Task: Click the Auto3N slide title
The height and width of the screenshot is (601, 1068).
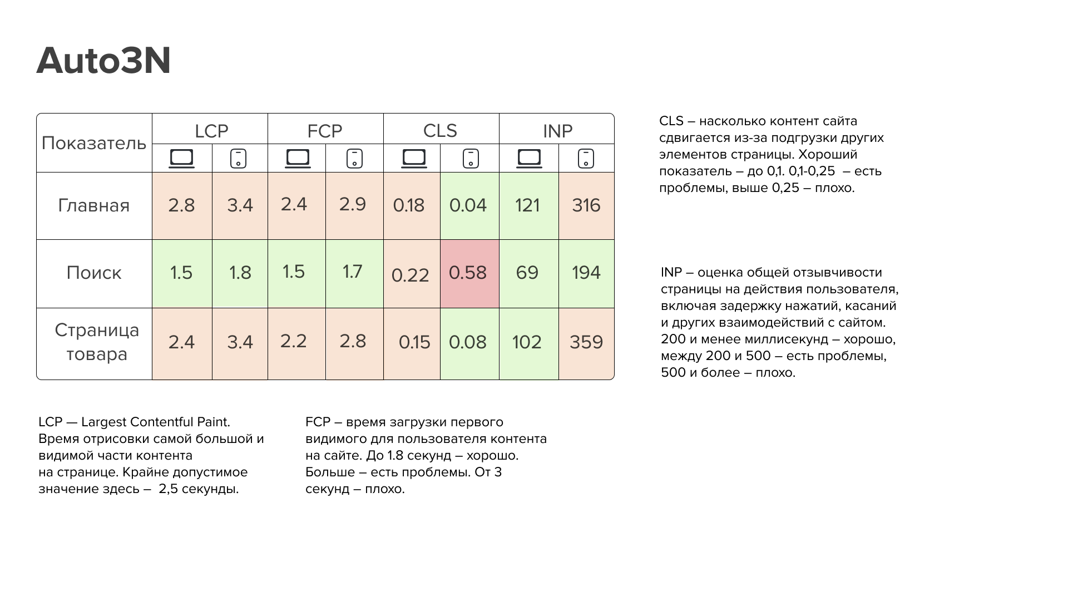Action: [x=103, y=61]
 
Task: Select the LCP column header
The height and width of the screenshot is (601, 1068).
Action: [x=211, y=131]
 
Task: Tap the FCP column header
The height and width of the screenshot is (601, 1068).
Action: [x=325, y=131]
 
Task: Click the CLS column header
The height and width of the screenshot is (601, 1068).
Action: [x=440, y=131]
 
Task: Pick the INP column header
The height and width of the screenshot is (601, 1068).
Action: [x=557, y=131]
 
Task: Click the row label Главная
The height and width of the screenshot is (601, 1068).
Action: [x=94, y=205]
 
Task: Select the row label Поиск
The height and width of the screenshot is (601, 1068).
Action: [x=94, y=273]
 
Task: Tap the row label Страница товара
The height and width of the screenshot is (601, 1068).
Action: [x=97, y=342]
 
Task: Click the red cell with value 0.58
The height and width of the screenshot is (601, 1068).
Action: [x=468, y=273]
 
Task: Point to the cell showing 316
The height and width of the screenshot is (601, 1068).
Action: [x=586, y=205]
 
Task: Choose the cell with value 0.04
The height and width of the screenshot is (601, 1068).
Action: [x=468, y=205]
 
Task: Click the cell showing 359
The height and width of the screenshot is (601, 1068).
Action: [x=586, y=342]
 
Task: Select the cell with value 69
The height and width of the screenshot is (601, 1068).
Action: [x=527, y=273]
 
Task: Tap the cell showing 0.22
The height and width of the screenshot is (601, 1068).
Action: [x=411, y=275]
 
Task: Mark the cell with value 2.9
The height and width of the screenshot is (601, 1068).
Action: [x=353, y=204]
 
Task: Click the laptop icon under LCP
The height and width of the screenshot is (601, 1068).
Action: [x=182, y=159]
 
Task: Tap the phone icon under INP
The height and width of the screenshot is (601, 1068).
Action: [x=586, y=159]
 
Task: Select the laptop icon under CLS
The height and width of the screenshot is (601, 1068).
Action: [x=414, y=159]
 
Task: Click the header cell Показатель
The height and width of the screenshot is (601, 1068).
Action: [x=94, y=143]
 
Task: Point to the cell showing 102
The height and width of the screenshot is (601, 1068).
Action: [x=527, y=342]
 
